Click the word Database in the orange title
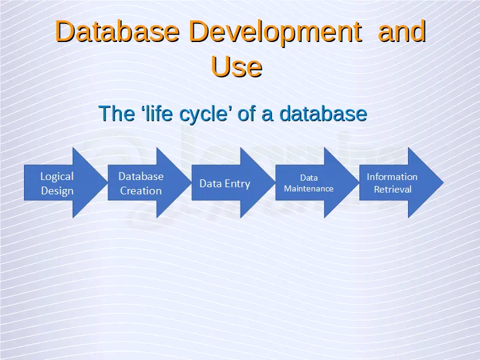coord(118,31)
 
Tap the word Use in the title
coord(236,67)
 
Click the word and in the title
coord(402,31)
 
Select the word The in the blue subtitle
coord(117,113)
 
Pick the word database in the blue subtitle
coord(323,113)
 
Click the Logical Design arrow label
coord(57,184)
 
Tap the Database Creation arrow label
coord(141,184)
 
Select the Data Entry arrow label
coord(224,184)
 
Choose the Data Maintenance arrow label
coord(308,183)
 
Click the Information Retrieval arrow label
coord(392,183)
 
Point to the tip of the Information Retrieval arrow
coord(443,183)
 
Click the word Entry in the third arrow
coord(238,184)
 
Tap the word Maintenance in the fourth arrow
coord(308,188)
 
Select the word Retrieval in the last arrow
coord(393,190)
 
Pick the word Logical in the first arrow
coord(57,177)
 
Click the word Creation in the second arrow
coord(141,191)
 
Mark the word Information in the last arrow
coord(392,176)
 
